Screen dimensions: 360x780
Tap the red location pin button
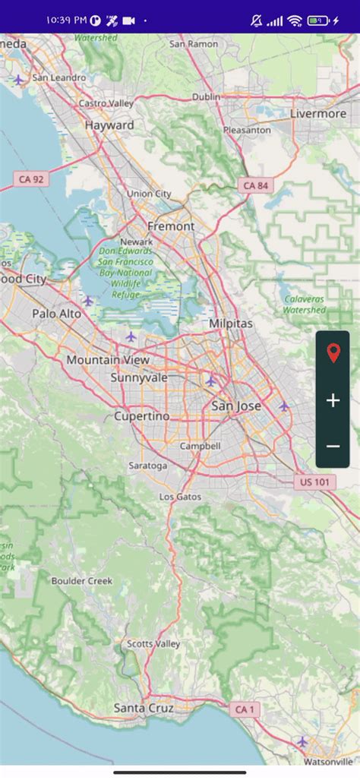point(333,353)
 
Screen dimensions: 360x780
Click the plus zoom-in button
point(333,400)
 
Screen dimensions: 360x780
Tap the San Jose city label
point(236,406)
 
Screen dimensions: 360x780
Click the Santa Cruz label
point(144,708)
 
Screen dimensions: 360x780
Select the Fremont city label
point(171,226)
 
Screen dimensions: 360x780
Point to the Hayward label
point(109,125)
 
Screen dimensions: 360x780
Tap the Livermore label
point(318,114)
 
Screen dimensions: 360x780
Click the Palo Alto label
point(56,314)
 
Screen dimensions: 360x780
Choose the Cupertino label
point(142,416)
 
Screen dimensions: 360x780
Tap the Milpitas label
point(231,324)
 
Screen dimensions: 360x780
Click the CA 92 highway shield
point(30,180)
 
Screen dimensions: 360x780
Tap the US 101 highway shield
point(314,482)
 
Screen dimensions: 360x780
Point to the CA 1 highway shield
point(244,709)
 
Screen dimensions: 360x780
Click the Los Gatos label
point(181,497)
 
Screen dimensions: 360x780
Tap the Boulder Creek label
point(82,581)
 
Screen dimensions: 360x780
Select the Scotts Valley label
point(153,644)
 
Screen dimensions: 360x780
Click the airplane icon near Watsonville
point(302,741)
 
